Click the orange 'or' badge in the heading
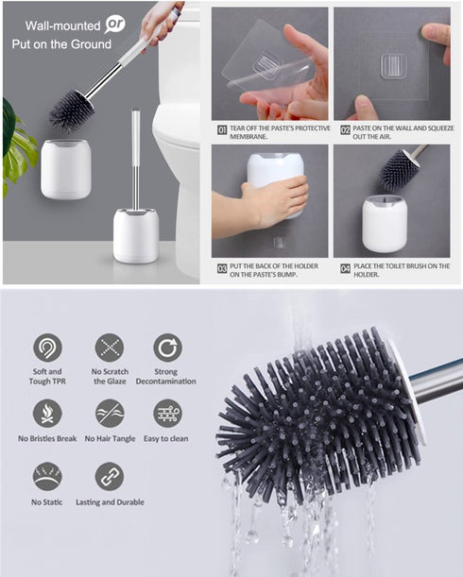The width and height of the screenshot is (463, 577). (x=113, y=24)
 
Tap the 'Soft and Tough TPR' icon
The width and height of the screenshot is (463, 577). (x=47, y=348)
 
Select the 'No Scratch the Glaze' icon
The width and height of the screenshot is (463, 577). (x=110, y=348)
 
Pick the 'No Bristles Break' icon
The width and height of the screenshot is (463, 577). (x=47, y=413)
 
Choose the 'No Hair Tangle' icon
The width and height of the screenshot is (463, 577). (x=110, y=413)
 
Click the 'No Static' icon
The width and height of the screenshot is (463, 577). (x=47, y=476)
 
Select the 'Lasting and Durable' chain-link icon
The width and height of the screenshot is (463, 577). (x=110, y=476)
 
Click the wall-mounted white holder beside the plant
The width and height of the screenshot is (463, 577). (x=65, y=167)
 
